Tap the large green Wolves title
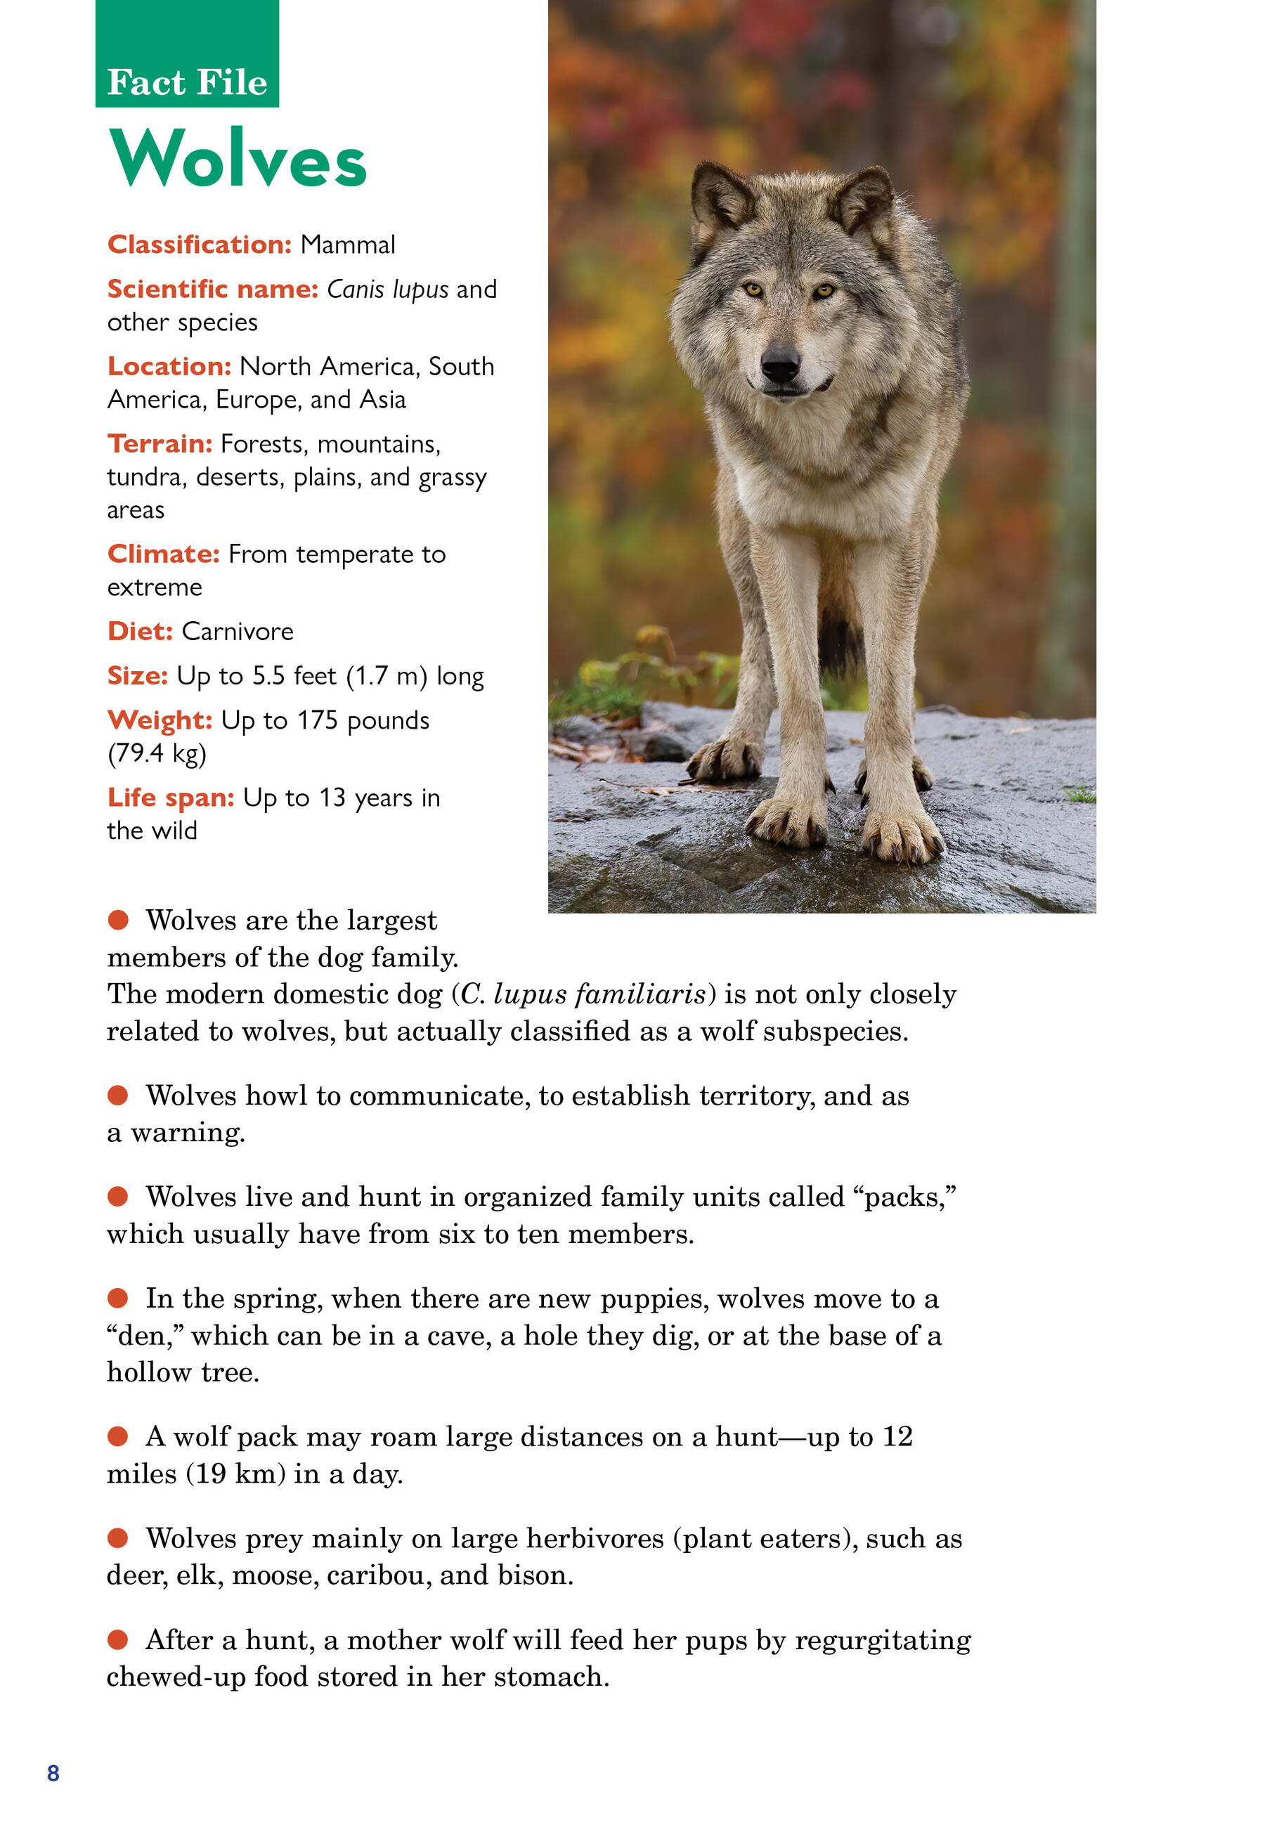point(237,159)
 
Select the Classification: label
point(200,245)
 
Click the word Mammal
point(347,245)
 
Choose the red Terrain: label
point(160,443)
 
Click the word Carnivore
point(237,631)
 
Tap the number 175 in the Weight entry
point(318,720)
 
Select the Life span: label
point(170,798)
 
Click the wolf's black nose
point(780,365)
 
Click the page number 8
point(53,1773)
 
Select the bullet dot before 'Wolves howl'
point(118,1095)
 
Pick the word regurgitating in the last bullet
point(883,1640)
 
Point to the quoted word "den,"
point(145,1335)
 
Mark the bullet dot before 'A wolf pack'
point(118,1436)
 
